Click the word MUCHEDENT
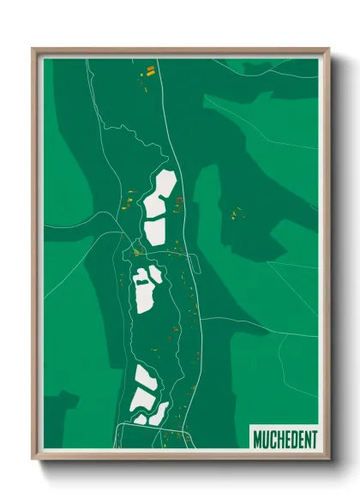(285, 440)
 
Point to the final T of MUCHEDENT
(314, 440)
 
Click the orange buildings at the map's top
(149, 71)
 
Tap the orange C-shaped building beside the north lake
(179, 204)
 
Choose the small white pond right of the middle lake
(156, 275)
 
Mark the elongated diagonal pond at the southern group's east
(160, 412)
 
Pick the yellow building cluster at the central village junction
(136, 252)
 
